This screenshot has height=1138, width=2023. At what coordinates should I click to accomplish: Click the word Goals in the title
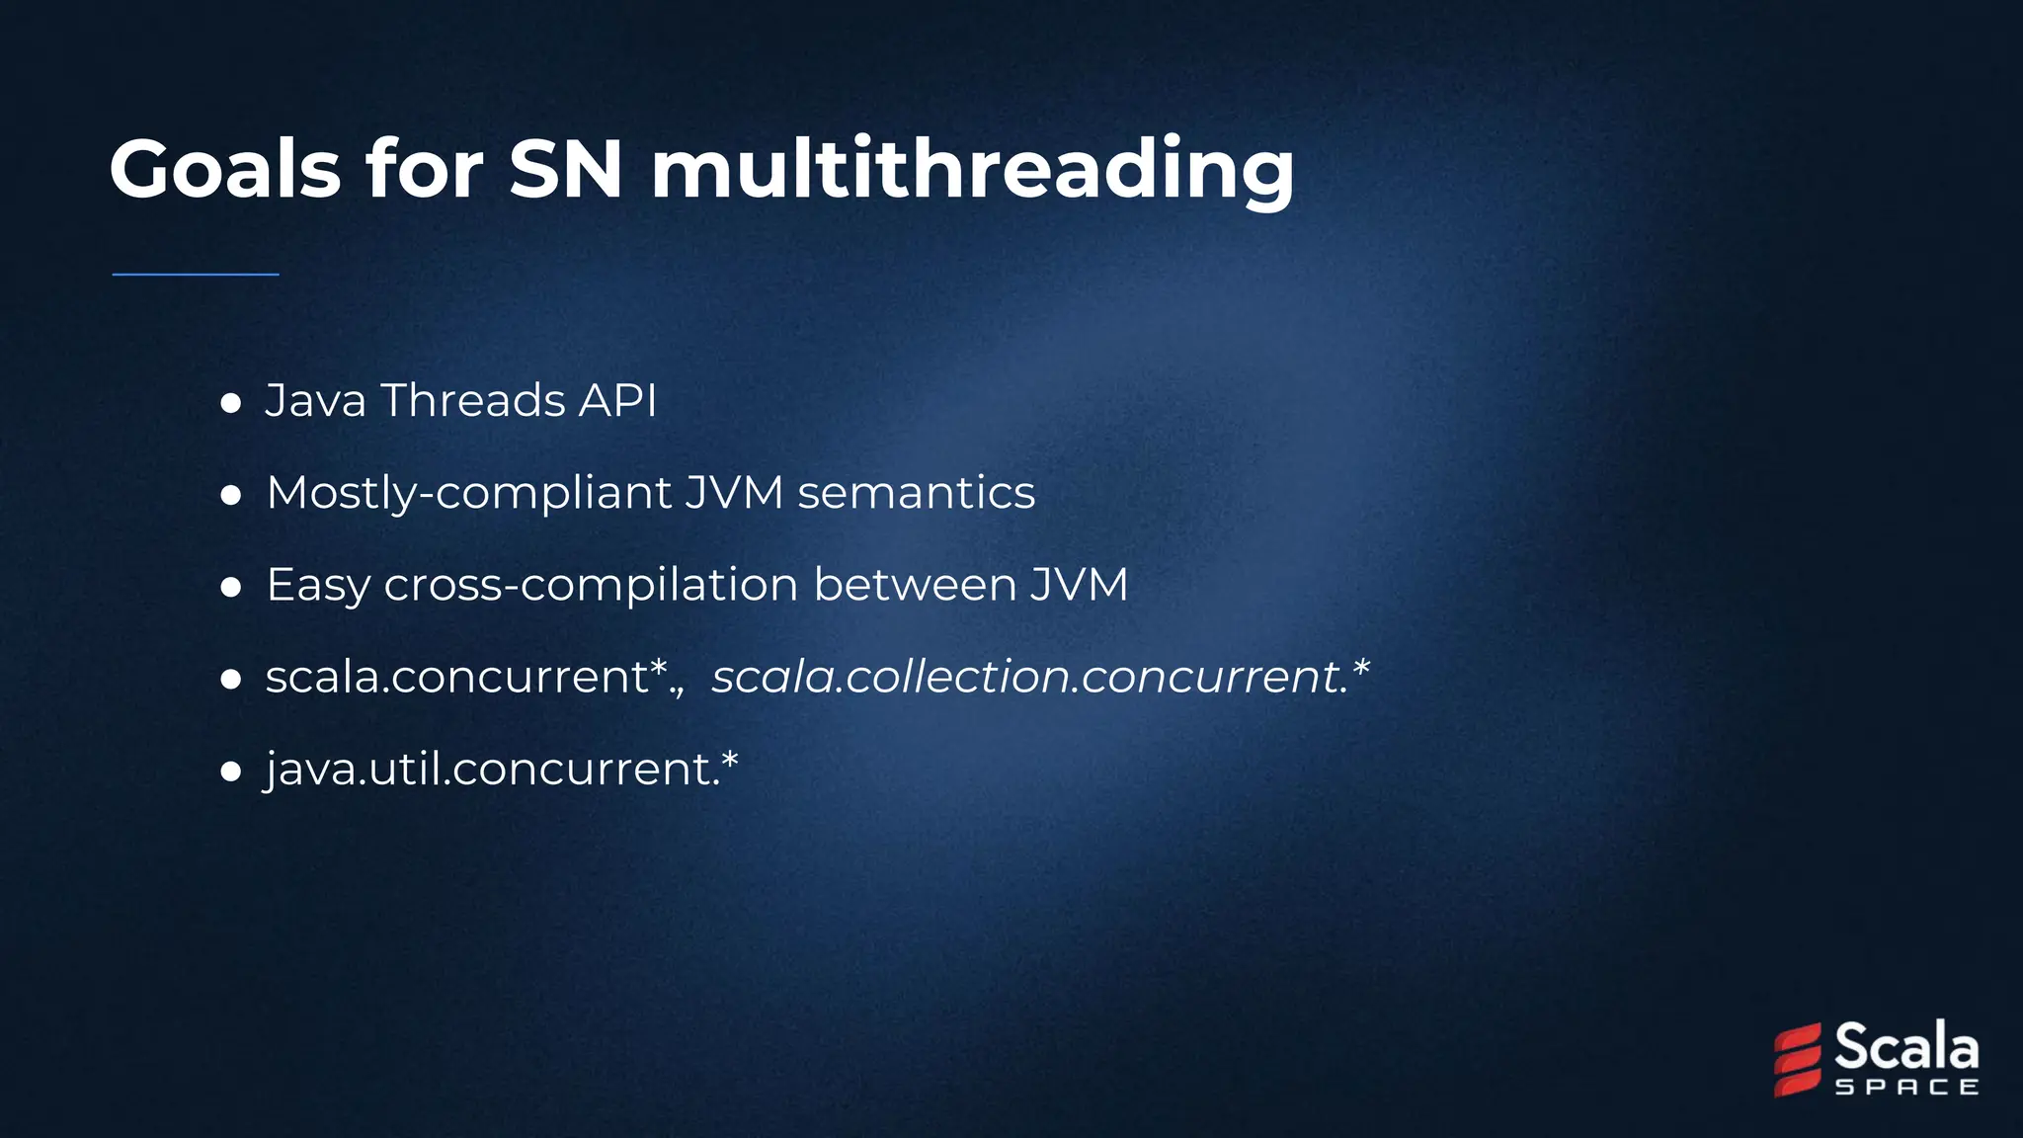[225, 169]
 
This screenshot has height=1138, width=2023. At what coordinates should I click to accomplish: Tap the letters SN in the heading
[565, 169]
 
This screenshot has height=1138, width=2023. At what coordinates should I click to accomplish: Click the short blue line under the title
[196, 274]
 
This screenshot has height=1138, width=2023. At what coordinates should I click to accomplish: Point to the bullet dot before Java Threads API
[231, 403]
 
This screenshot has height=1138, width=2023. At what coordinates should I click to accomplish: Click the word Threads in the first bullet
[473, 400]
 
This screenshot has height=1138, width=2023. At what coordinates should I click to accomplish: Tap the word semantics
[916, 492]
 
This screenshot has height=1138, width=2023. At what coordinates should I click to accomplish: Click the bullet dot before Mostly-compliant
[231, 495]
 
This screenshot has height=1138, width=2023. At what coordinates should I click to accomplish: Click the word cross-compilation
[591, 585]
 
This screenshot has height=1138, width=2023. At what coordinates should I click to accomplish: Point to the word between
[915, 584]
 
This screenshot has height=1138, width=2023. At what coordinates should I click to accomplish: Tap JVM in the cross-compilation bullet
[1079, 584]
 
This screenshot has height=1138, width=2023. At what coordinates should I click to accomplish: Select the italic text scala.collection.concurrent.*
[1040, 677]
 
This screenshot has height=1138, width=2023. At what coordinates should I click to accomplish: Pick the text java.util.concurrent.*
[502, 769]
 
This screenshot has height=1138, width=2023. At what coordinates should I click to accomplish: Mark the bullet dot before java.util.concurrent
[231, 771]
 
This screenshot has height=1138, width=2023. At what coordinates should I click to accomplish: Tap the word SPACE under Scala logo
[1906, 1088]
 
